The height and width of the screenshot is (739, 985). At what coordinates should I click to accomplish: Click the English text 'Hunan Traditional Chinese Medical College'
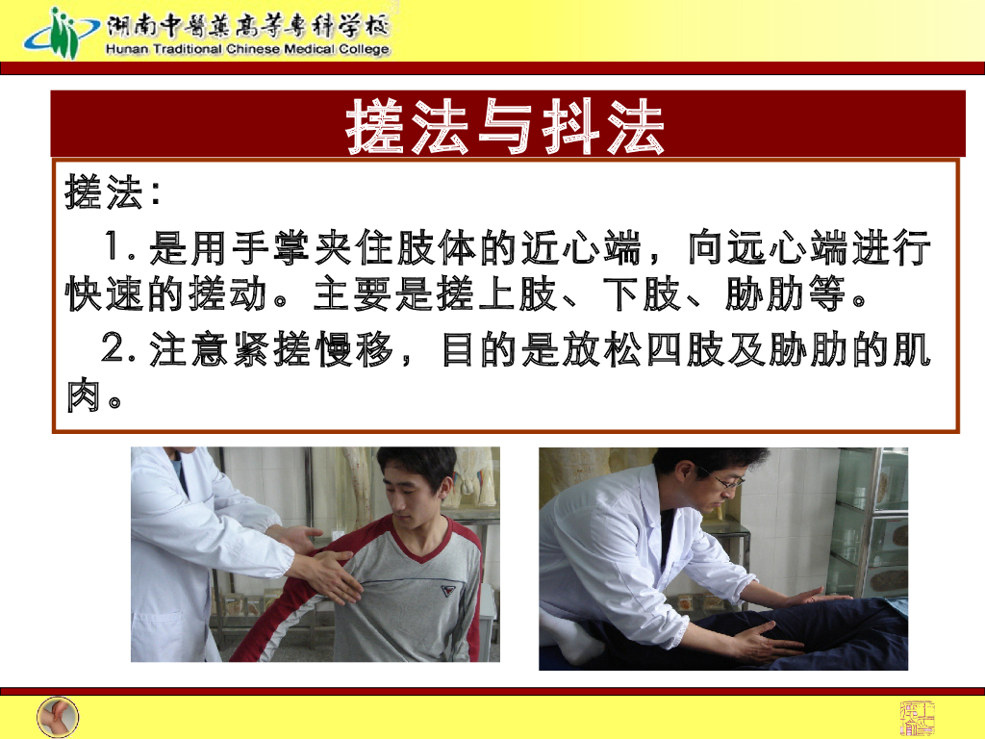point(247,50)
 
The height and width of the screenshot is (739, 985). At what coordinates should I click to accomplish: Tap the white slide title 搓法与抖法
point(506,127)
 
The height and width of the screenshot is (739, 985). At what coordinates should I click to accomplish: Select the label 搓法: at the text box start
point(112,192)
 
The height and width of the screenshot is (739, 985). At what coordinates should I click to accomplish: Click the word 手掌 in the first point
point(268,250)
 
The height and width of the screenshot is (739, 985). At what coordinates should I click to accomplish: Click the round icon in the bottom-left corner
point(58,717)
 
